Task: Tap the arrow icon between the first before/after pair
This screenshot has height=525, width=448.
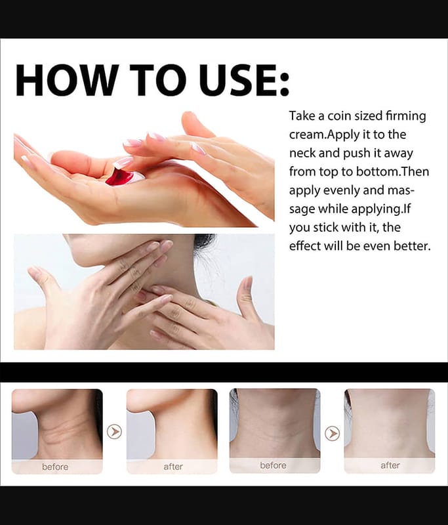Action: [x=114, y=432]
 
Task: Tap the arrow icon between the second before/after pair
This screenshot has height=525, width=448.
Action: [x=333, y=434]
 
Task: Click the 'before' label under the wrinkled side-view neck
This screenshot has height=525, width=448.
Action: [x=55, y=467]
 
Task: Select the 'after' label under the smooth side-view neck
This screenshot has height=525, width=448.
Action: [x=173, y=467]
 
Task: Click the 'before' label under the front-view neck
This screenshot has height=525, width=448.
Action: [x=273, y=465]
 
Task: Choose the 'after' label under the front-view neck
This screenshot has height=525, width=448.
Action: [x=390, y=465]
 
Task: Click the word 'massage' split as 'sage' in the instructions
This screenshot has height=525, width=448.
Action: [x=302, y=209]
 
